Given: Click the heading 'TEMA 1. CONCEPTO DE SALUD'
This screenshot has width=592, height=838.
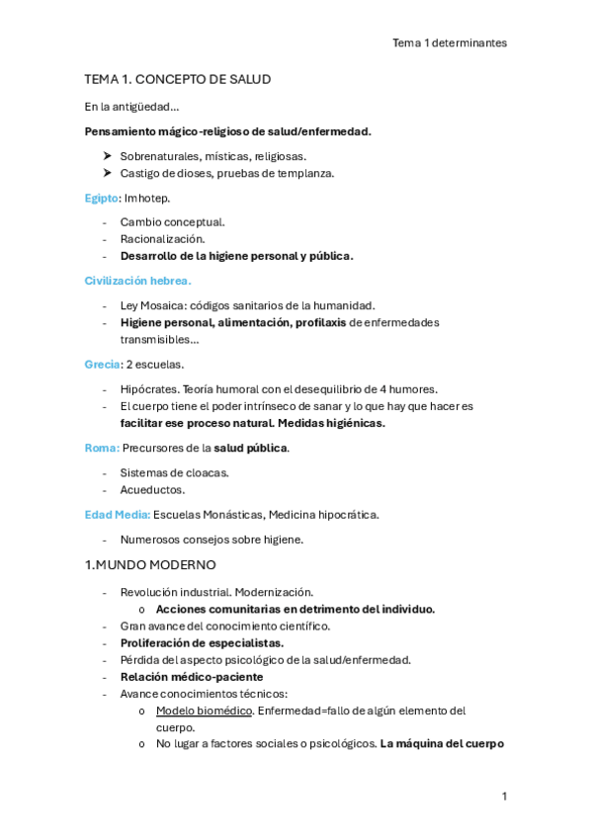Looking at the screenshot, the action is (178, 79).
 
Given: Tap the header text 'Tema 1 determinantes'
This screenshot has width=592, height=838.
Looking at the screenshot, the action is (450, 42).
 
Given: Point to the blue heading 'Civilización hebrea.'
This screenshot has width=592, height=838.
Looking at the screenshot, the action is (137, 281).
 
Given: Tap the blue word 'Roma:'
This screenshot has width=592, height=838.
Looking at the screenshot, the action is (102, 448).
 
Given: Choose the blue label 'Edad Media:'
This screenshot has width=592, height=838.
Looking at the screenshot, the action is (118, 514).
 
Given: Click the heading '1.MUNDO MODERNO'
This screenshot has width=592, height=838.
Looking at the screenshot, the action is (150, 565).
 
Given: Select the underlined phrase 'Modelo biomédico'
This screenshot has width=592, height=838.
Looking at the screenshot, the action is (203, 711).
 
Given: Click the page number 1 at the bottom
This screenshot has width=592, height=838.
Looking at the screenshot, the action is (504, 796).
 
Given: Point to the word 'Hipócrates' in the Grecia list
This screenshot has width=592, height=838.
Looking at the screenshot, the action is (149, 388).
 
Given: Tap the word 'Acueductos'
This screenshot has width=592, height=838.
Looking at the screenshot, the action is (152, 489).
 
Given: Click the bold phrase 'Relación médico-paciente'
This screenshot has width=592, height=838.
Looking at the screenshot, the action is (192, 677).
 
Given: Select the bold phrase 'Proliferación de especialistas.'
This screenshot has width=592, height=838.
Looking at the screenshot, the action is (202, 643).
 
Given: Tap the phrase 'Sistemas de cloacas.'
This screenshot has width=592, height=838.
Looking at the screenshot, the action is (174, 472).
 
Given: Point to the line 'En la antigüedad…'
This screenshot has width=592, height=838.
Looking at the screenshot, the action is (131, 107).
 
